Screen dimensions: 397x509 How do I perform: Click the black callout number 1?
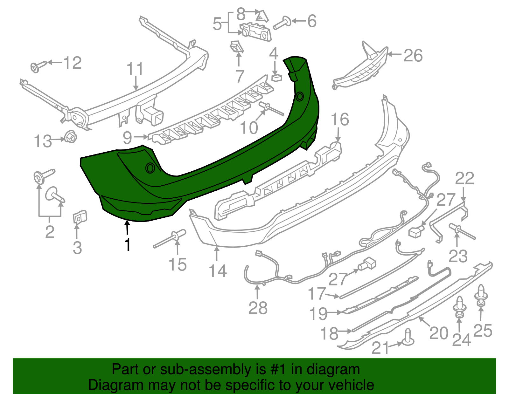pos(128,245)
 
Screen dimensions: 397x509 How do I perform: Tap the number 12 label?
pos(73,63)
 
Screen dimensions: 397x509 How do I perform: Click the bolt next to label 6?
pos(281,23)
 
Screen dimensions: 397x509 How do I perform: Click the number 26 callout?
pos(413,56)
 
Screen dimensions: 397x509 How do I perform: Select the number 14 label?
pos(218,271)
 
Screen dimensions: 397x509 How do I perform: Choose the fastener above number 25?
pos(481,295)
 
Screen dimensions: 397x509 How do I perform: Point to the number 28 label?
pos(258,308)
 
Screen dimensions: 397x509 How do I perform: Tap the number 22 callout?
pos(464,179)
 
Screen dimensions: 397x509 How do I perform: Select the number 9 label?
pos(127,138)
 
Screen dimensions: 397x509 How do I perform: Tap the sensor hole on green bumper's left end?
pos(150,168)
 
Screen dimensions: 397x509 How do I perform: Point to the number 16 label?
pos(340,120)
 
